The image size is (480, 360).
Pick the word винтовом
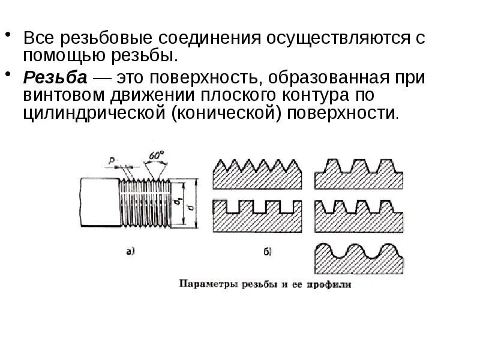tap(59, 95)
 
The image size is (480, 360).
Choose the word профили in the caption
tap(329, 284)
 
